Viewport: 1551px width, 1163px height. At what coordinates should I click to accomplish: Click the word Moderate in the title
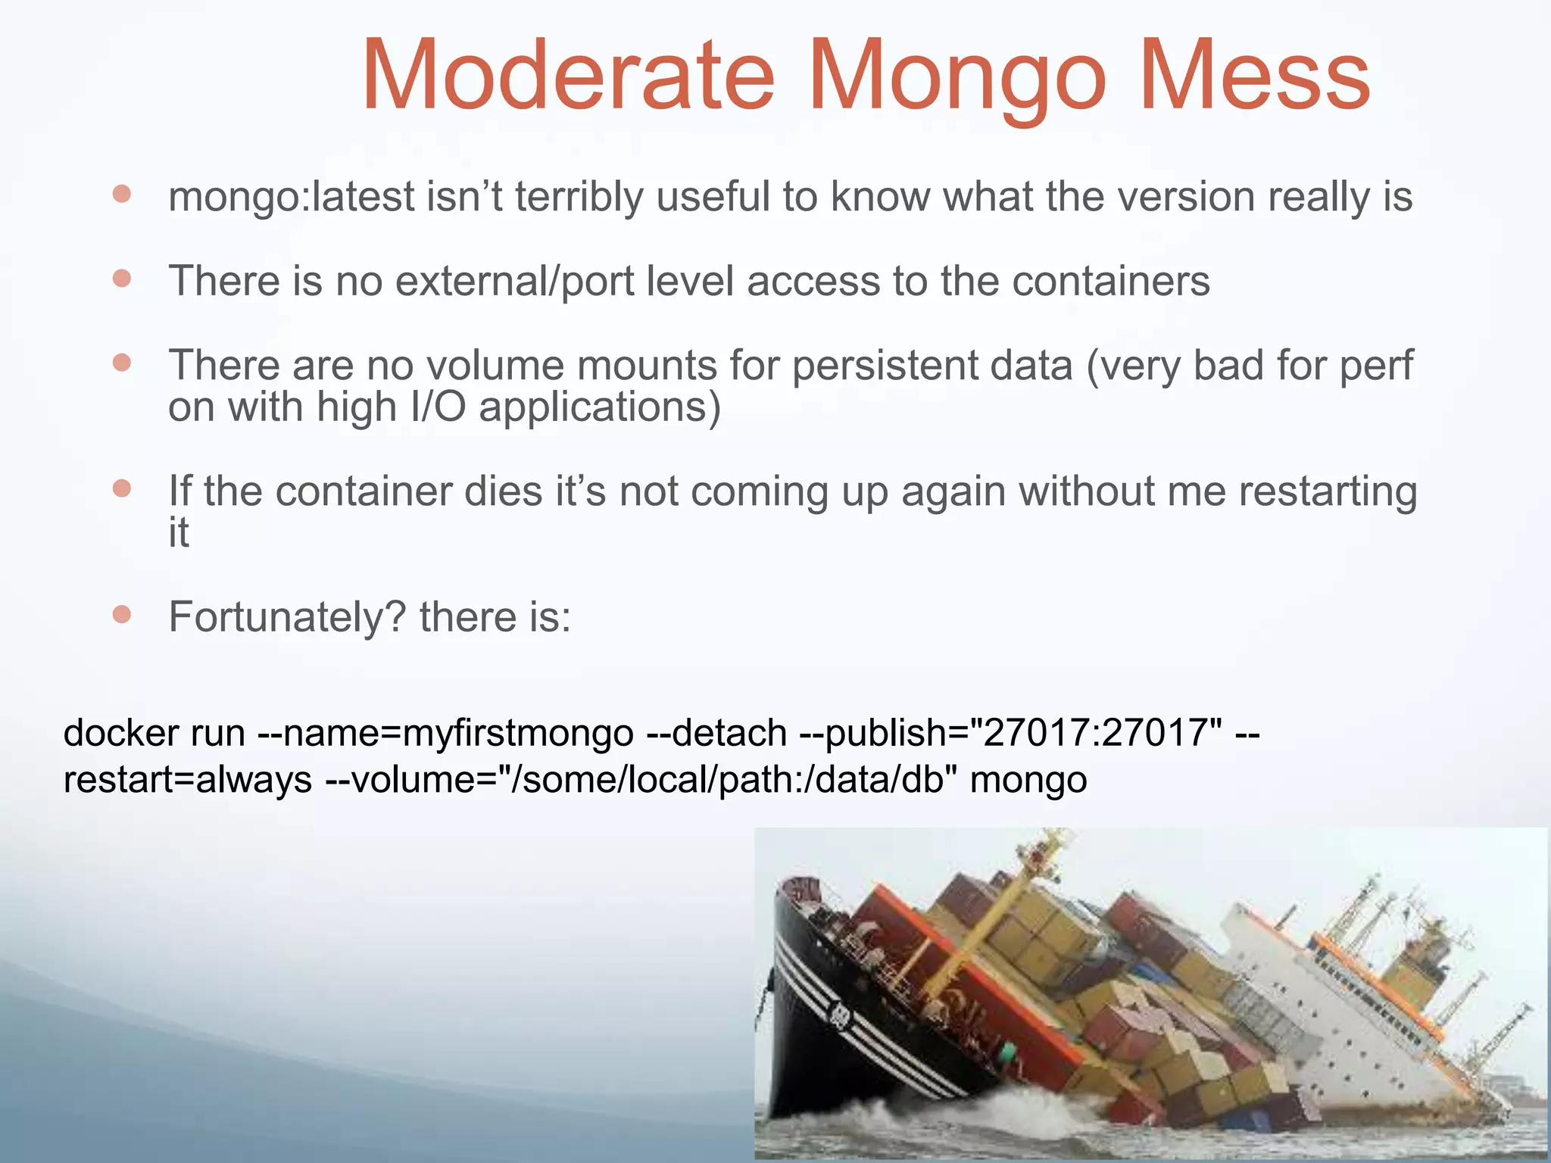point(568,76)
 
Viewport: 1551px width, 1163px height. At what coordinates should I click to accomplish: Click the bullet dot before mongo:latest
point(122,195)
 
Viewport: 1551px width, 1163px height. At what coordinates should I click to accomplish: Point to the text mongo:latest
point(292,198)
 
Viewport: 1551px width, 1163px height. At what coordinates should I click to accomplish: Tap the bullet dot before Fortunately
point(122,613)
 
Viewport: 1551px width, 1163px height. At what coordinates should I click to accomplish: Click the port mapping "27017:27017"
point(1095,733)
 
